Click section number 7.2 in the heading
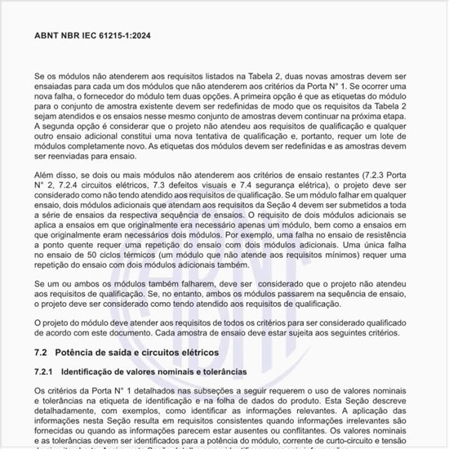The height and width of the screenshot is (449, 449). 42,351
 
